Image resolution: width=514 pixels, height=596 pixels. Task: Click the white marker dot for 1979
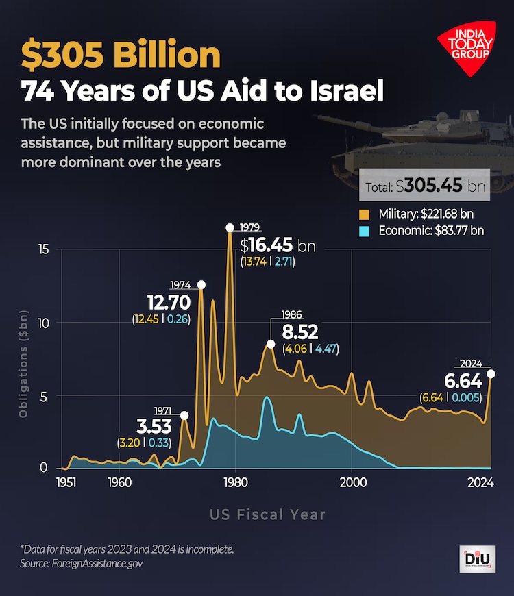pyautogui.click(x=230, y=227)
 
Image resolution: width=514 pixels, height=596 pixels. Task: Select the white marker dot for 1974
pyautogui.click(x=201, y=284)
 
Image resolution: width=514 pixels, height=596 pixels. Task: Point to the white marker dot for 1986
pyautogui.click(x=271, y=344)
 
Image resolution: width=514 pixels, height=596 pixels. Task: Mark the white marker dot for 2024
pyautogui.click(x=491, y=373)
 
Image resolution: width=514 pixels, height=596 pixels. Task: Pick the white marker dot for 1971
pyautogui.click(x=184, y=415)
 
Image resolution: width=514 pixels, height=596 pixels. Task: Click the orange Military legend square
pyautogui.click(x=365, y=214)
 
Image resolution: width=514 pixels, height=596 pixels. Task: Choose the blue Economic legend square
pyautogui.click(x=365, y=231)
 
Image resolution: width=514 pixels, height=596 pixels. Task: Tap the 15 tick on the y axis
pyautogui.click(x=43, y=249)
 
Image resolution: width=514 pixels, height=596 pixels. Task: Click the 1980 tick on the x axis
pyautogui.click(x=236, y=482)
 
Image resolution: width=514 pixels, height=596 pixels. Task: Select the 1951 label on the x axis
pyautogui.click(x=66, y=482)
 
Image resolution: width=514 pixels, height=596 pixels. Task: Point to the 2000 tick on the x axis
pyautogui.click(x=352, y=482)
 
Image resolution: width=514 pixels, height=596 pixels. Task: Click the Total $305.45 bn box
pyautogui.click(x=425, y=186)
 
